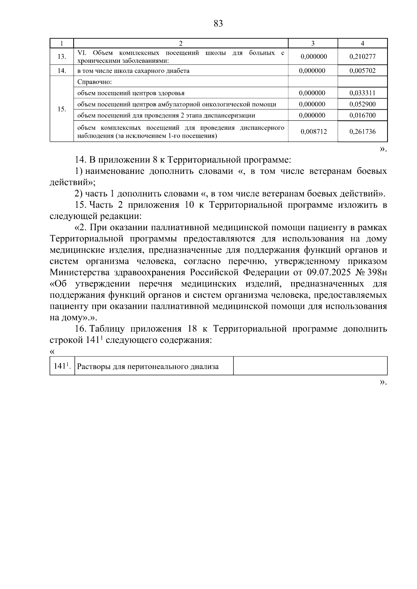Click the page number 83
218,24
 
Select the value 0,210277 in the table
362,57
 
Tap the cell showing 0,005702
362,71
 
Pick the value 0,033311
362,93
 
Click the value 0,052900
362,104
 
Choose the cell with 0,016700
362,115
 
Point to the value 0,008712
313,132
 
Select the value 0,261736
362,132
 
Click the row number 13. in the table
62,57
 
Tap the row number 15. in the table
62,109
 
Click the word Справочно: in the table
92,82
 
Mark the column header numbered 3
313,43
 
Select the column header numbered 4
362,43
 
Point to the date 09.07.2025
329,273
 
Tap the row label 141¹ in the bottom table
62,366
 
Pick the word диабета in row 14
177,71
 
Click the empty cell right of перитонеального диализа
310,366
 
